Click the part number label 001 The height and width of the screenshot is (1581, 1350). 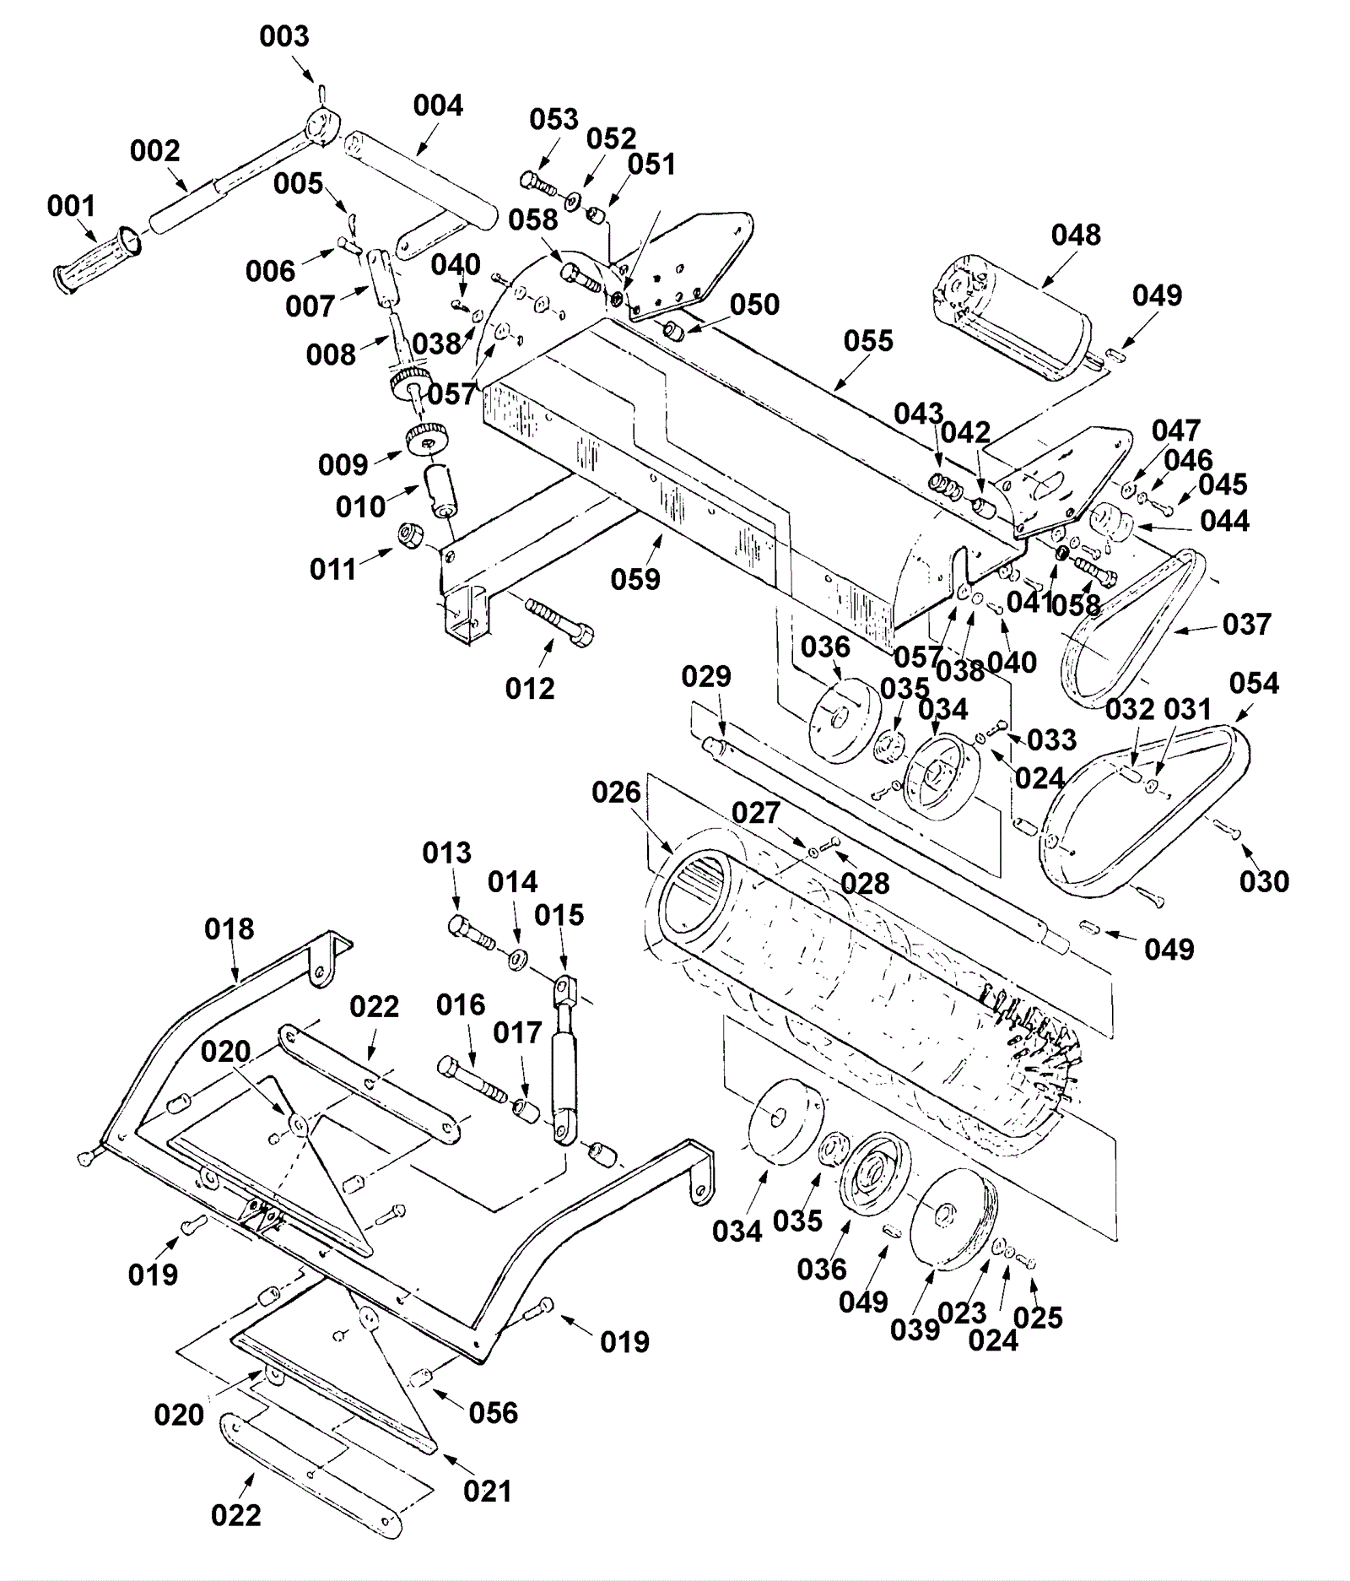pos(72,206)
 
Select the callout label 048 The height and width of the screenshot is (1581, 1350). pos(1076,235)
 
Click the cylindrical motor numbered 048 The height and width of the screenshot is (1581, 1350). pos(1012,317)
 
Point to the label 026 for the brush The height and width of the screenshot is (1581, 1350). pos(617,793)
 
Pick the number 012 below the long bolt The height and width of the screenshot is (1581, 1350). pos(530,689)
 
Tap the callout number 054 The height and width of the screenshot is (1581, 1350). pos(1254,683)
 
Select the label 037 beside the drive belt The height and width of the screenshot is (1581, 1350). pos(1246,625)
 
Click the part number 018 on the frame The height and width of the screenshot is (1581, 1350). pos(229,929)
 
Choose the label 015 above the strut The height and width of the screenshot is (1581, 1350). pos(559,915)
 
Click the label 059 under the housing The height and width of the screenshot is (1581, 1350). pos(635,579)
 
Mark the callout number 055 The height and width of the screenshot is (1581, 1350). pos(868,341)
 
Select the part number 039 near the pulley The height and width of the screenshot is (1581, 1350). pos(915,1329)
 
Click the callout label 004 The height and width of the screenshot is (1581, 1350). pos(438,106)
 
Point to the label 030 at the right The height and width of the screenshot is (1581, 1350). pos(1264,881)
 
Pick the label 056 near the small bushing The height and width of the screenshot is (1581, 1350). pos(493,1412)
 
